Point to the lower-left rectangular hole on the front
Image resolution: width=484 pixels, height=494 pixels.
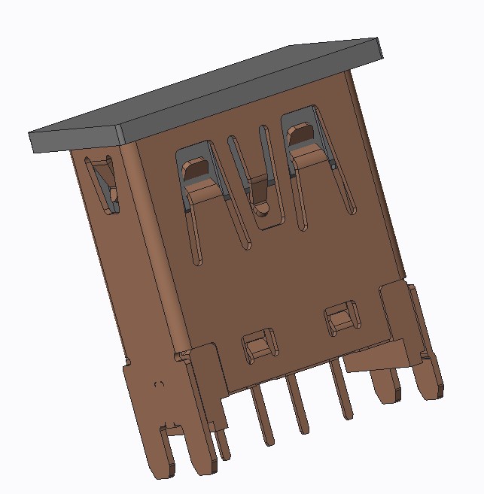pyautogui.click(x=259, y=346)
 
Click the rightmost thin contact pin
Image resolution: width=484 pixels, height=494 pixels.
pyautogui.click(x=342, y=391)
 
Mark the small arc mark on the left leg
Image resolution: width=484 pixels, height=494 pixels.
pyautogui.click(x=159, y=385)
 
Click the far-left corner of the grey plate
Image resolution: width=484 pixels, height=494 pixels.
pyautogui.click(x=31, y=143)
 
